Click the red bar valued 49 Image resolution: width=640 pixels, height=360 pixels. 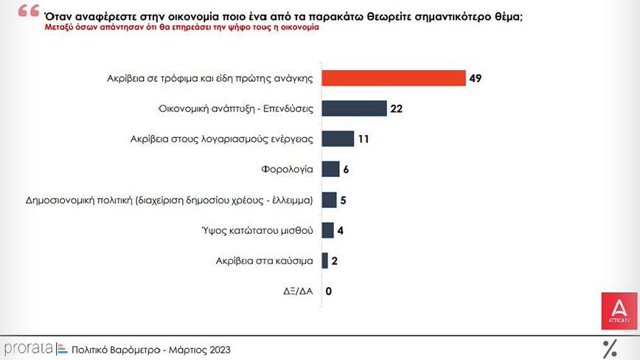394,78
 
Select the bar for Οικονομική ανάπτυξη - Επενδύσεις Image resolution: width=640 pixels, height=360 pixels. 355,108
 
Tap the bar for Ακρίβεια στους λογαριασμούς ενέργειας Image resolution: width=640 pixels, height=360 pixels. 338,139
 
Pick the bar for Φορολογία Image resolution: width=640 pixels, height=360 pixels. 330,169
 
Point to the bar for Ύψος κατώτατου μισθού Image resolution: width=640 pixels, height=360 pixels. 327,230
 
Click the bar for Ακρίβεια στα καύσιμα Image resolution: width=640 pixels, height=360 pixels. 324,260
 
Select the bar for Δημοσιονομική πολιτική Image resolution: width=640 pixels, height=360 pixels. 329,200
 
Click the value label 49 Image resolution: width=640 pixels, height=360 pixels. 476,78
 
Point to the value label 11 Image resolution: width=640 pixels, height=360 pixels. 364,139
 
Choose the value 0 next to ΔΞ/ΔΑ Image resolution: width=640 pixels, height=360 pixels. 329,291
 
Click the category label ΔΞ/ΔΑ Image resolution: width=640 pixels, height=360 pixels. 299,291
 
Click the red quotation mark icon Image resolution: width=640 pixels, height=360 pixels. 29,13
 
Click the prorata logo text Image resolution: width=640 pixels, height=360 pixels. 27,348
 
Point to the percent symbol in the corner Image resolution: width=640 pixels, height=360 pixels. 610,348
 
